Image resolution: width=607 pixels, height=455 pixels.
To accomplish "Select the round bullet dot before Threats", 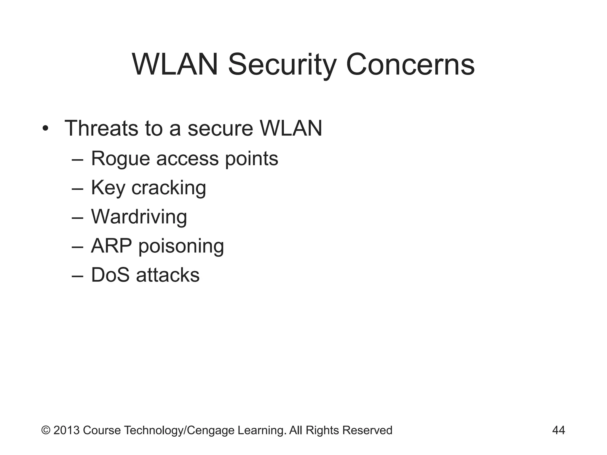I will click(45, 129).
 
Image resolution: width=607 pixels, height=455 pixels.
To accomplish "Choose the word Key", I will click(108, 188).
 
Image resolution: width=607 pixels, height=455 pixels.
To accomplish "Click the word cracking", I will click(169, 188).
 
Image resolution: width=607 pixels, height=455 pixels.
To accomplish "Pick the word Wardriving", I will click(139, 217).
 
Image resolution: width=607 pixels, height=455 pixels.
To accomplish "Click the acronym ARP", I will click(111, 246).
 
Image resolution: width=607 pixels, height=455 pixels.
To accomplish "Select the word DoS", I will click(110, 275).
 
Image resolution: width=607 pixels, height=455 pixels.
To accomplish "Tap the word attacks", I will click(168, 275).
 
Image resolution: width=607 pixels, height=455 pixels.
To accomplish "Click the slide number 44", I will click(558, 430).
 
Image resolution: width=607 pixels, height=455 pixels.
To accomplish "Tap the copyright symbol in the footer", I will click(46, 430).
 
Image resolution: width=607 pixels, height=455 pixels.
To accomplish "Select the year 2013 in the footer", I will click(66, 430).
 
